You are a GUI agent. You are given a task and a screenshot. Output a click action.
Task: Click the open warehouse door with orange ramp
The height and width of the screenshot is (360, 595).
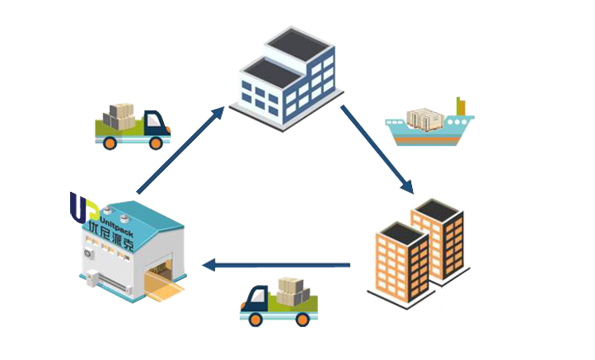point(160,275)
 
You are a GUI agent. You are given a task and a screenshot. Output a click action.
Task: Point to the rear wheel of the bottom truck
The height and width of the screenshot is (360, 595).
point(302,319)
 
